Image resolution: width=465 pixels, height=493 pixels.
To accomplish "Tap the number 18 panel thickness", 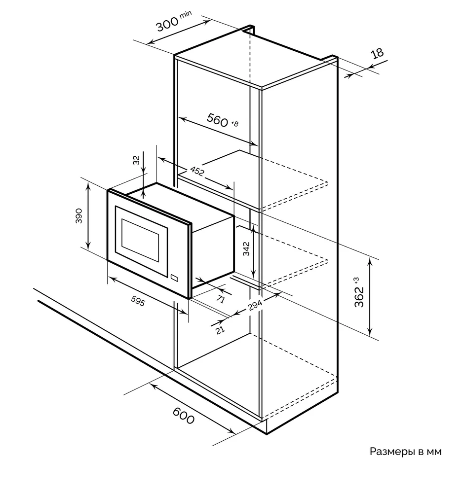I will [x=377, y=54].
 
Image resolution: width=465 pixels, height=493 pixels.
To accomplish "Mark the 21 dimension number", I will [x=220, y=329].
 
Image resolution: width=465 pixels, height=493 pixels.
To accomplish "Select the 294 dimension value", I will [x=254, y=307].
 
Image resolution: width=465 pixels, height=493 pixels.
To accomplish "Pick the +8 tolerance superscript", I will [x=235, y=124].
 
